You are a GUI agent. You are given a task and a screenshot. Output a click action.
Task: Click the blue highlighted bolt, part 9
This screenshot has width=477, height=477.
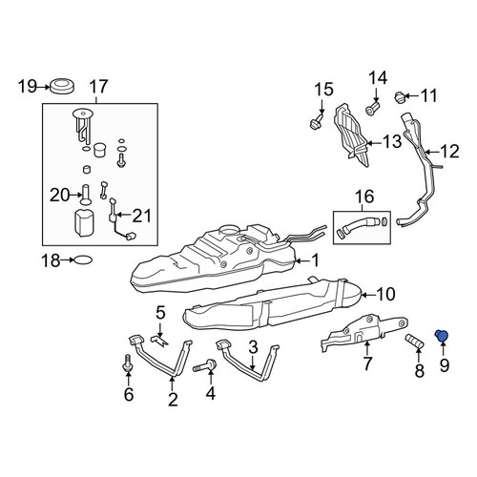point(442,336)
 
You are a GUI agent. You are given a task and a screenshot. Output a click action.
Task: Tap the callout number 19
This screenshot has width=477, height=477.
point(28,87)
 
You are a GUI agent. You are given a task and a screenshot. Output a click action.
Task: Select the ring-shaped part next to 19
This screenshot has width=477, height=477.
point(62,86)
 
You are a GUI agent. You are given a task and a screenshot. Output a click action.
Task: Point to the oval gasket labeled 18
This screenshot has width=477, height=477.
point(83,260)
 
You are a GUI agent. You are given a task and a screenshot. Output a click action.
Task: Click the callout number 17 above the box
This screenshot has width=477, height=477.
point(99,87)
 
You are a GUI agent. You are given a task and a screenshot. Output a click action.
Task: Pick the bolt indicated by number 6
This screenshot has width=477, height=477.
point(128,363)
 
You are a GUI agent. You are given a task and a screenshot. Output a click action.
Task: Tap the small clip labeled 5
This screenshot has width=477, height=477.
point(161,341)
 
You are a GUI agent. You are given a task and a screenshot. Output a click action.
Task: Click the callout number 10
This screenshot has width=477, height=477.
point(385,294)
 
